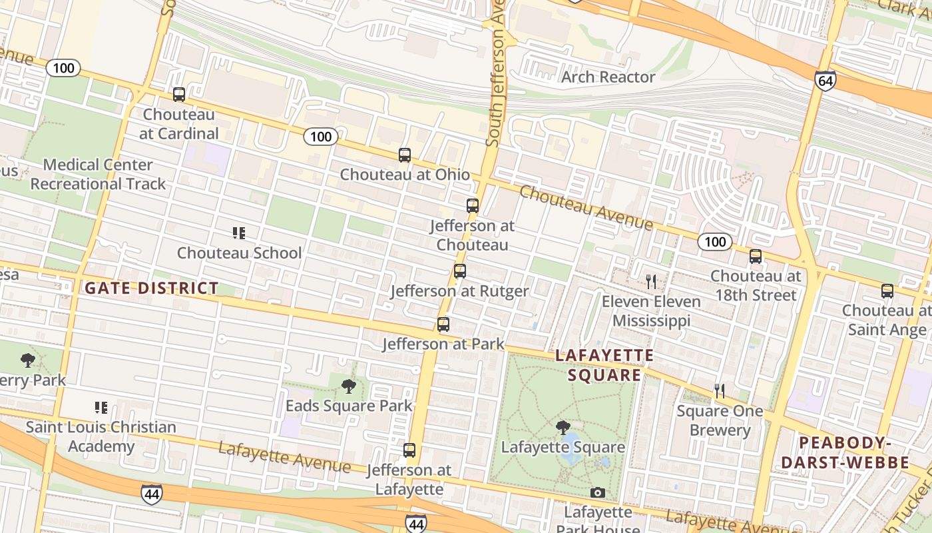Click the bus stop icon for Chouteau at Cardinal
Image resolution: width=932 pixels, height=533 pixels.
pos(178,95)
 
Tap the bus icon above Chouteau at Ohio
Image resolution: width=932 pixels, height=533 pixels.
pos(404,155)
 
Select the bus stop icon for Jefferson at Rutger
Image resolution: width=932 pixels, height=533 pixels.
pos(459,271)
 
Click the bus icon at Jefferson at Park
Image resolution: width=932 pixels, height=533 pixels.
pos(443,324)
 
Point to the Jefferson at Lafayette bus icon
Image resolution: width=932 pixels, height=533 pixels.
pos(409,450)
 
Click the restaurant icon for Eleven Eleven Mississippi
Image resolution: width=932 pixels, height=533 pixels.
pos(651,281)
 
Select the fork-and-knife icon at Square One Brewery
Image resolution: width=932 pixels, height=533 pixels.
pos(719,391)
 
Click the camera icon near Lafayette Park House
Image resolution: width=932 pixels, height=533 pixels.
pos(598,492)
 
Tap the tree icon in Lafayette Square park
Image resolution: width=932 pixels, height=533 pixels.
pos(563,427)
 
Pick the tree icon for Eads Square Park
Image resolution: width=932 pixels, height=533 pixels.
pos(348,386)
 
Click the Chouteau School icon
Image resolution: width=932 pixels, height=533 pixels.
pos(239,233)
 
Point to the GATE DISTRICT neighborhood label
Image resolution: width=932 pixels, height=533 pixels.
pos(152,288)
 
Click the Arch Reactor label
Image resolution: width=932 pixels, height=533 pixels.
pos(608,77)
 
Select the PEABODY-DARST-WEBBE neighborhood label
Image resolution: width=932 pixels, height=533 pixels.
pos(845,453)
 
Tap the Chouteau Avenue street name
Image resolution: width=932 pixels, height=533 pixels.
pos(586,208)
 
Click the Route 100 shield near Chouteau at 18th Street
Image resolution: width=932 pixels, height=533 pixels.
pos(715,242)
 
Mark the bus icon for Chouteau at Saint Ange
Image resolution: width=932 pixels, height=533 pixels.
pos(887,291)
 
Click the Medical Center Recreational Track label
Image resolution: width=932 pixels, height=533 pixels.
pos(98,174)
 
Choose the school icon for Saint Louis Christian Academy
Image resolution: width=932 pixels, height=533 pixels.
pos(101,407)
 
